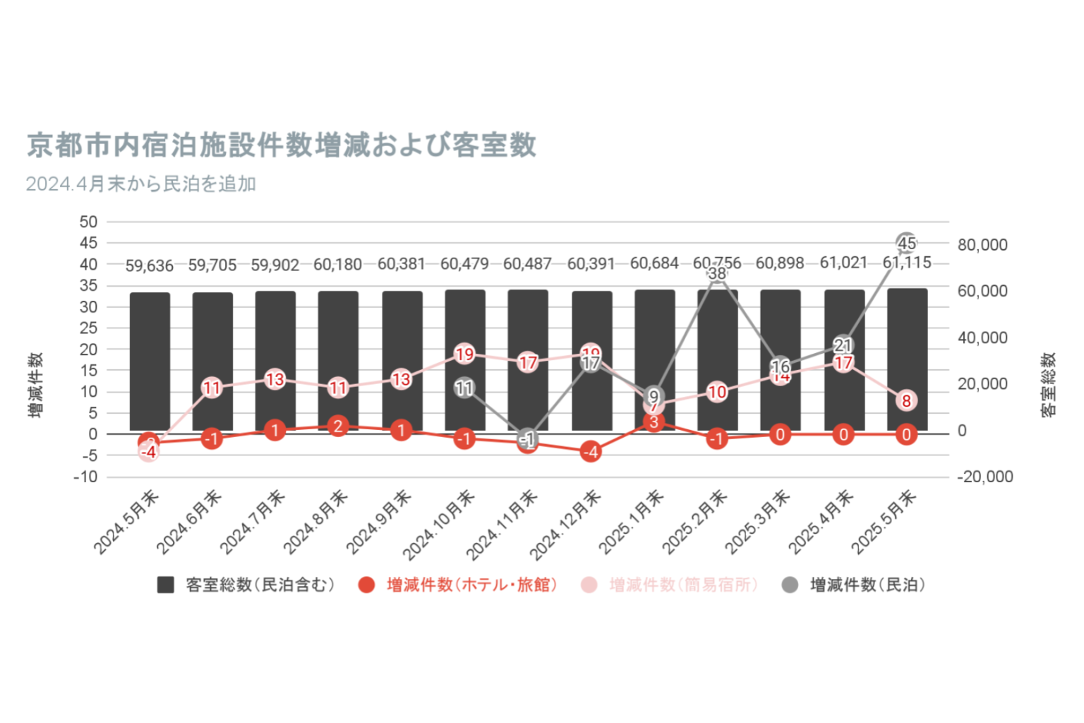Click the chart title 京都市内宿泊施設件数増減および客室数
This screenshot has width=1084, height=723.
(282, 145)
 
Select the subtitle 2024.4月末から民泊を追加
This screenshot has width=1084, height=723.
(141, 184)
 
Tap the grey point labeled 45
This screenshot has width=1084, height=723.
(906, 244)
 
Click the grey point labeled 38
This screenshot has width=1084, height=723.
(717, 273)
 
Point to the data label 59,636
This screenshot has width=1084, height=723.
(150, 265)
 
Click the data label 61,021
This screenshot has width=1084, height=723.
(843, 263)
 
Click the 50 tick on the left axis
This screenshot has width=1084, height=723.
(89, 222)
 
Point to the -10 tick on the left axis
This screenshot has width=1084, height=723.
(85, 477)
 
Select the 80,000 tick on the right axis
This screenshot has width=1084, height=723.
(982, 245)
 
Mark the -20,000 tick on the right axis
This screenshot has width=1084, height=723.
(985, 477)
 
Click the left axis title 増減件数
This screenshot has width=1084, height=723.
(35, 385)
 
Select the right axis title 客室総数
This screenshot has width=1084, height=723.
(1049, 385)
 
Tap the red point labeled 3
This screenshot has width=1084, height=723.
(654, 422)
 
